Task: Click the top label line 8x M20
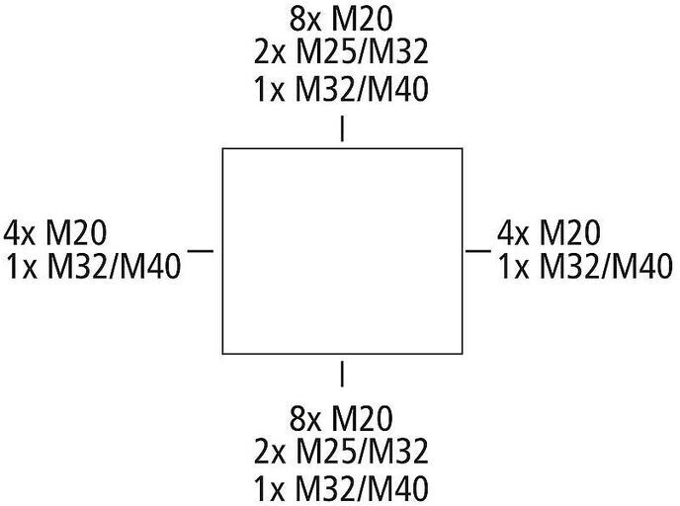341,19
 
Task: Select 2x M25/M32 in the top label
341,53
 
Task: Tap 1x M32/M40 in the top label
341,89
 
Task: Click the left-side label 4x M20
56,233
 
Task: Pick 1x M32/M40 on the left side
93,267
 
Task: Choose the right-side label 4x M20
550,233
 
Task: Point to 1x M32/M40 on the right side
586,267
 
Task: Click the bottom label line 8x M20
341,415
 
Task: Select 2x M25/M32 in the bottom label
341,452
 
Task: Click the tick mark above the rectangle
342,129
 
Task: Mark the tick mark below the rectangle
342,374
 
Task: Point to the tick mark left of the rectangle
201,251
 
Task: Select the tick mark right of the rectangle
478,251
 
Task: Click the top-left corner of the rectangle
222,149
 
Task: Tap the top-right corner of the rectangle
462,149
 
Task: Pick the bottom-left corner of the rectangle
222,353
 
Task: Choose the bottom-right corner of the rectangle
462,353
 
